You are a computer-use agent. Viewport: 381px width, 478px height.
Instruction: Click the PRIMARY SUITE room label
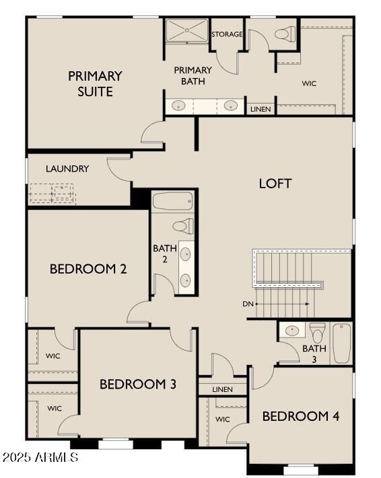pyautogui.click(x=95, y=83)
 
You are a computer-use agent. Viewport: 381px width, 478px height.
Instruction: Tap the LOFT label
pyautogui.click(x=275, y=183)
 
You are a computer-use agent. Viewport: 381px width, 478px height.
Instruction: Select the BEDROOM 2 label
pyautogui.click(x=88, y=269)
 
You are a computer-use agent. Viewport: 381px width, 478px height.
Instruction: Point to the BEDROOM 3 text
pyautogui.click(x=138, y=384)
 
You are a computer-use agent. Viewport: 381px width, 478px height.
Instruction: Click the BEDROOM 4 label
pyautogui.click(x=300, y=416)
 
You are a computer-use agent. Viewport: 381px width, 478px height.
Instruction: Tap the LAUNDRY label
pyautogui.click(x=67, y=169)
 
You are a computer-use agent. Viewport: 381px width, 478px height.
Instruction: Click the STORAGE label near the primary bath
pyautogui.click(x=227, y=34)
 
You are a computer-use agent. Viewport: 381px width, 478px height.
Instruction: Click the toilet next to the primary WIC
pyautogui.click(x=286, y=33)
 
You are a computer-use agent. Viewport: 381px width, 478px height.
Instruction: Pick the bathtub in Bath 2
pyautogui.click(x=173, y=200)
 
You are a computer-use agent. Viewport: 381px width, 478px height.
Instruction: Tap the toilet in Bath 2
pyautogui.click(x=182, y=226)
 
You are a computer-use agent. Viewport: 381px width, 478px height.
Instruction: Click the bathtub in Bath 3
pyautogui.click(x=341, y=343)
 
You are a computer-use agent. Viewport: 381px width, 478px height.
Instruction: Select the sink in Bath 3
pyautogui.click(x=292, y=331)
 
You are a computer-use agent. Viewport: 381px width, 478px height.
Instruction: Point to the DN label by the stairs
pyautogui.click(x=248, y=304)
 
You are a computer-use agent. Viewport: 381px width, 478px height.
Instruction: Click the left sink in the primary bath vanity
pyautogui.click(x=179, y=106)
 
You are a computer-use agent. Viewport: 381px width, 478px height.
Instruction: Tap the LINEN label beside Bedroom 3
pyautogui.click(x=221, y=389)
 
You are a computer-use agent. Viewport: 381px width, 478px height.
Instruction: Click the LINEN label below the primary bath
pyautogui.click(x=261, y=108)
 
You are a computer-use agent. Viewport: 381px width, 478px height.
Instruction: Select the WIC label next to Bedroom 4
pyautogui.click(x=223, y=419)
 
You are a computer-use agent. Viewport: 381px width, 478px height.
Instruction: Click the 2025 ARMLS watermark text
pyautogui.click(x=40, y=458)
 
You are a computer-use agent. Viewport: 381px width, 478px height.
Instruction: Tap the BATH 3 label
pyautogui.click(x=314, y=354)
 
